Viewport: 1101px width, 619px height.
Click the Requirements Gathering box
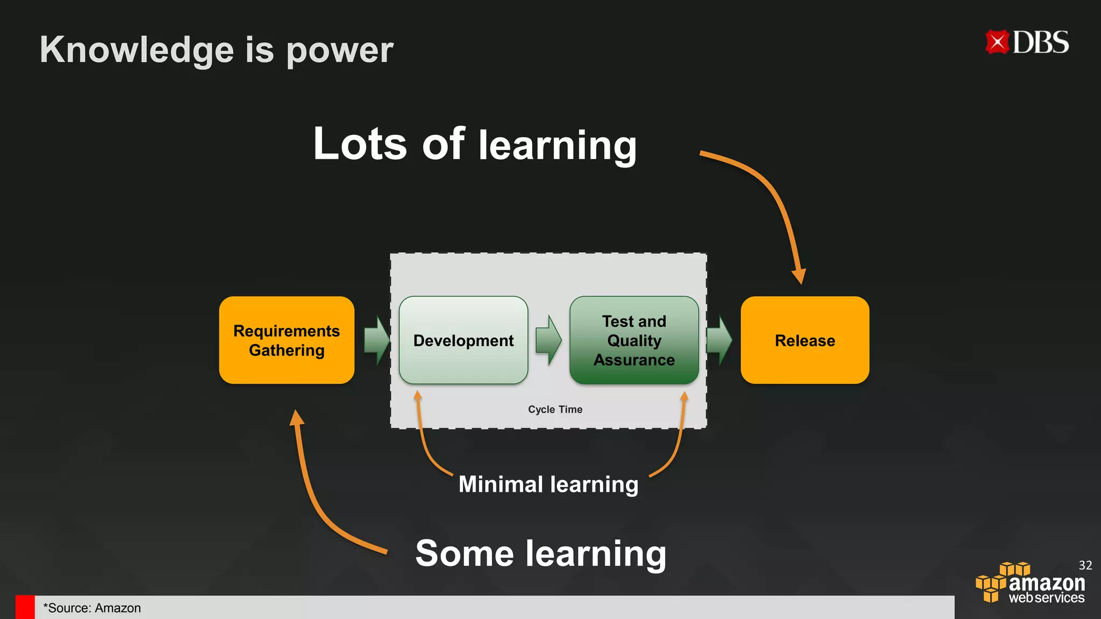coord(287,340)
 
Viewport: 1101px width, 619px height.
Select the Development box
coord(463,340)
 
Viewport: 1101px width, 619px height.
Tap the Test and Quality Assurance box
coord(634,340)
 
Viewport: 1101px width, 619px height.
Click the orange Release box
coord(805,340)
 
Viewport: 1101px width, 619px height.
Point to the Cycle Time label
coord(555,409)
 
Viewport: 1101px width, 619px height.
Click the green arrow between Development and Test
coord(549,340)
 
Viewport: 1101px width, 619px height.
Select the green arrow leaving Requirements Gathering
coord(377,340)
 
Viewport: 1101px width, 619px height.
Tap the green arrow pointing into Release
coord(719,340)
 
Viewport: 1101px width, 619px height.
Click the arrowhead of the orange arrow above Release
coord(799,276)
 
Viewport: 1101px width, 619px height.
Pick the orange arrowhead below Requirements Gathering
coord(296,418)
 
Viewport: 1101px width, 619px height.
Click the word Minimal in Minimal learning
coord(501,485)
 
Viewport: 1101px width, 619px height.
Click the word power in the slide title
coord(340,50)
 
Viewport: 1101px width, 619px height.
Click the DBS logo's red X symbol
coord(997,42)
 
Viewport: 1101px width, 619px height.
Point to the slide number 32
coord(1085,565)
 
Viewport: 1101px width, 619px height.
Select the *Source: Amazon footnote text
coord(92,608)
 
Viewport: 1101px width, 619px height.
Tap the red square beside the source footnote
coord(25,607)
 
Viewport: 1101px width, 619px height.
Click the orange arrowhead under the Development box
coord(418,397)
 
